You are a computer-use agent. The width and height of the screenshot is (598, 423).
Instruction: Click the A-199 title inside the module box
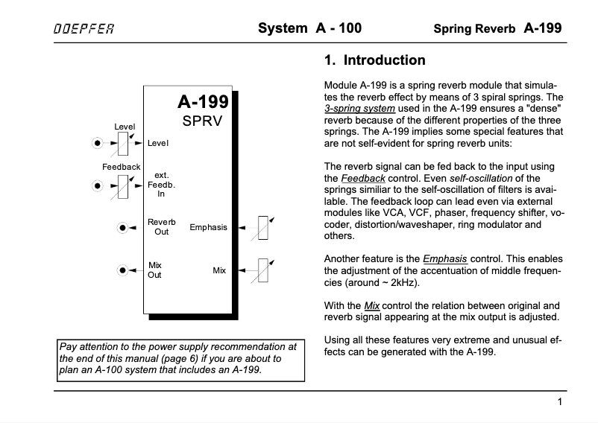click(x=202, y=103)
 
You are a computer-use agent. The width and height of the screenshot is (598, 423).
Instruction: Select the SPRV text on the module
click(x=202, y=121)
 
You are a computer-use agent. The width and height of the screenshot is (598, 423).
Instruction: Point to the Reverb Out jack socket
click(x=121, y=228)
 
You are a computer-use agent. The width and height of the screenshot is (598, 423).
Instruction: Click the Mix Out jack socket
click(x=121, y=270)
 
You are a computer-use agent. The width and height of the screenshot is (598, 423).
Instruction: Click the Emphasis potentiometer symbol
click(x=263, y=227)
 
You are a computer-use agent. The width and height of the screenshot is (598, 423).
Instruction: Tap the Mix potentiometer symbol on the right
click(x=263, y=270)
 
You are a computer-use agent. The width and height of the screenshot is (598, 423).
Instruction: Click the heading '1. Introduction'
click(x=374, y=60)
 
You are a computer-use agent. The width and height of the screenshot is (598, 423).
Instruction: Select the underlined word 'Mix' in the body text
click(x=372, y=306)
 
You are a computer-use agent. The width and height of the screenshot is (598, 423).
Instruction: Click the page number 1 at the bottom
click(x=559, y=402)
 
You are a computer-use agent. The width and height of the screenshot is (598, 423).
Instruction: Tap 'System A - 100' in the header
click(x=309, y=29)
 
